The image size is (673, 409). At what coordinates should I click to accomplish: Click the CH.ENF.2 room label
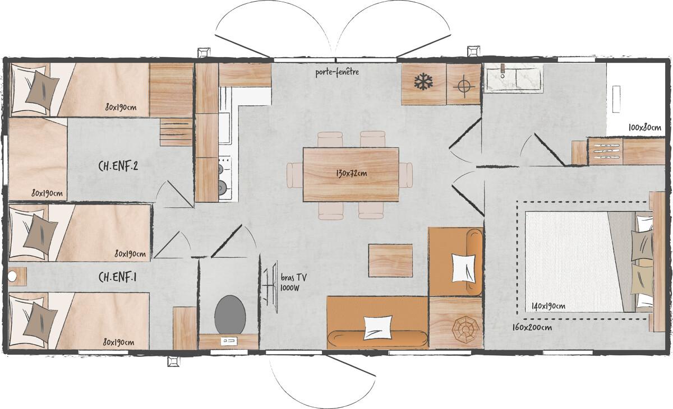(118, 166)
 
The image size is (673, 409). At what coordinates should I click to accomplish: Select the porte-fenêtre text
(336, 72)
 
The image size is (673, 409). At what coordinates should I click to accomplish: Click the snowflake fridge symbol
(423, 83)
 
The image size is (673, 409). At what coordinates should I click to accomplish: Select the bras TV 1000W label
(293, 282)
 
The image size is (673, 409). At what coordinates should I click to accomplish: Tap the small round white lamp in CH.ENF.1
(13, 276)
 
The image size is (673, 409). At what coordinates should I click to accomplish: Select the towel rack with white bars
(605, 151)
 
